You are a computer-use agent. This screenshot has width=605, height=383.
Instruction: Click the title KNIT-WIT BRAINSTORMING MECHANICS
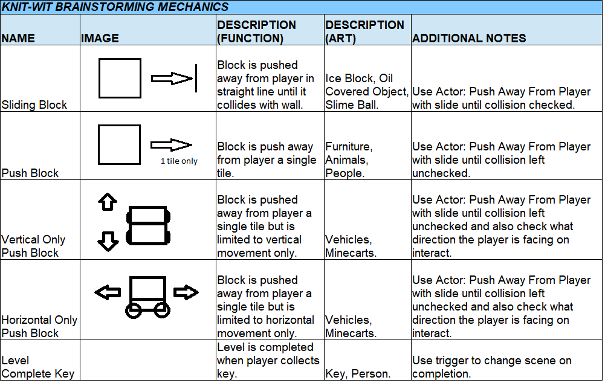pyautogui.click(x=115, y=7)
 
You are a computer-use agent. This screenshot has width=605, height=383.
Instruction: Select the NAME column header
pyautogui.click(x=18, y=38)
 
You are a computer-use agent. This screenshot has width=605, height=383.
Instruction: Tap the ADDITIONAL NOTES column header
pyautogui.click(x=469, y=38)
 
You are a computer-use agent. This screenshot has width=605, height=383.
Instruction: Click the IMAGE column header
pyautogui.click(x=100, y=38)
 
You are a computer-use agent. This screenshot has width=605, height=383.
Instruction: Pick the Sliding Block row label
pyautogui.click(x=34, y=105)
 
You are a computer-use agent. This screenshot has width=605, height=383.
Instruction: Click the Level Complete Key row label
pyautogui.click(x=38, y=367)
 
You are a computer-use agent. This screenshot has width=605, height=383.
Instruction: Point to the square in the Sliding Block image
pyautogui.click(x=120, y=79)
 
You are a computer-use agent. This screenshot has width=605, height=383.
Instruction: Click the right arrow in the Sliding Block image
pyautogui.click(x=172, y=79)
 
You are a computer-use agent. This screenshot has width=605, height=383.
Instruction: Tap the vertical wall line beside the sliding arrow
pyautogui.click(x=196, y=79)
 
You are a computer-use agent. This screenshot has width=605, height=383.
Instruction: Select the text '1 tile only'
pyautogui.click(x=179, y=161)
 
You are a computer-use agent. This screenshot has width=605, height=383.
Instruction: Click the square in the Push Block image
pyautogui.click(x=119, y=144)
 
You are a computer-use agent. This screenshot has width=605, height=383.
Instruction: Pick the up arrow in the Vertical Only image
pyautogui.click(x=108, y=202)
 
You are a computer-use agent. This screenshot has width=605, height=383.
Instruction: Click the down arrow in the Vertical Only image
pyautogui.click(x=108, y=242)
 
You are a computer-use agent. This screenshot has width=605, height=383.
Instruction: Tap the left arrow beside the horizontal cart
pyautogui.click(x=108, y=292)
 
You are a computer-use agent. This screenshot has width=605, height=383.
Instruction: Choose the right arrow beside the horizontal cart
pyautogui.click(x=186, y=292)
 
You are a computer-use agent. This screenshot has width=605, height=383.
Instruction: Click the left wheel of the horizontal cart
pyautogui.click(x=134, y=310)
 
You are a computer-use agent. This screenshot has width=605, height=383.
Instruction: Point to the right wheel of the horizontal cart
pyautogui.click(x=161, y=310)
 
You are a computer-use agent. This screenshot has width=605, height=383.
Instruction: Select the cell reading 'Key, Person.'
pyautogui.click(x=358, y=374)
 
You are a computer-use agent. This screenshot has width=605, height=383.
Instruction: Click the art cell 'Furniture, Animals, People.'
pyautogui.click(x=349, y=159)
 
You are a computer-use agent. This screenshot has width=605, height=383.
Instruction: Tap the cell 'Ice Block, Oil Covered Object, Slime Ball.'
pyautogui.click(x=367, y=91)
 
